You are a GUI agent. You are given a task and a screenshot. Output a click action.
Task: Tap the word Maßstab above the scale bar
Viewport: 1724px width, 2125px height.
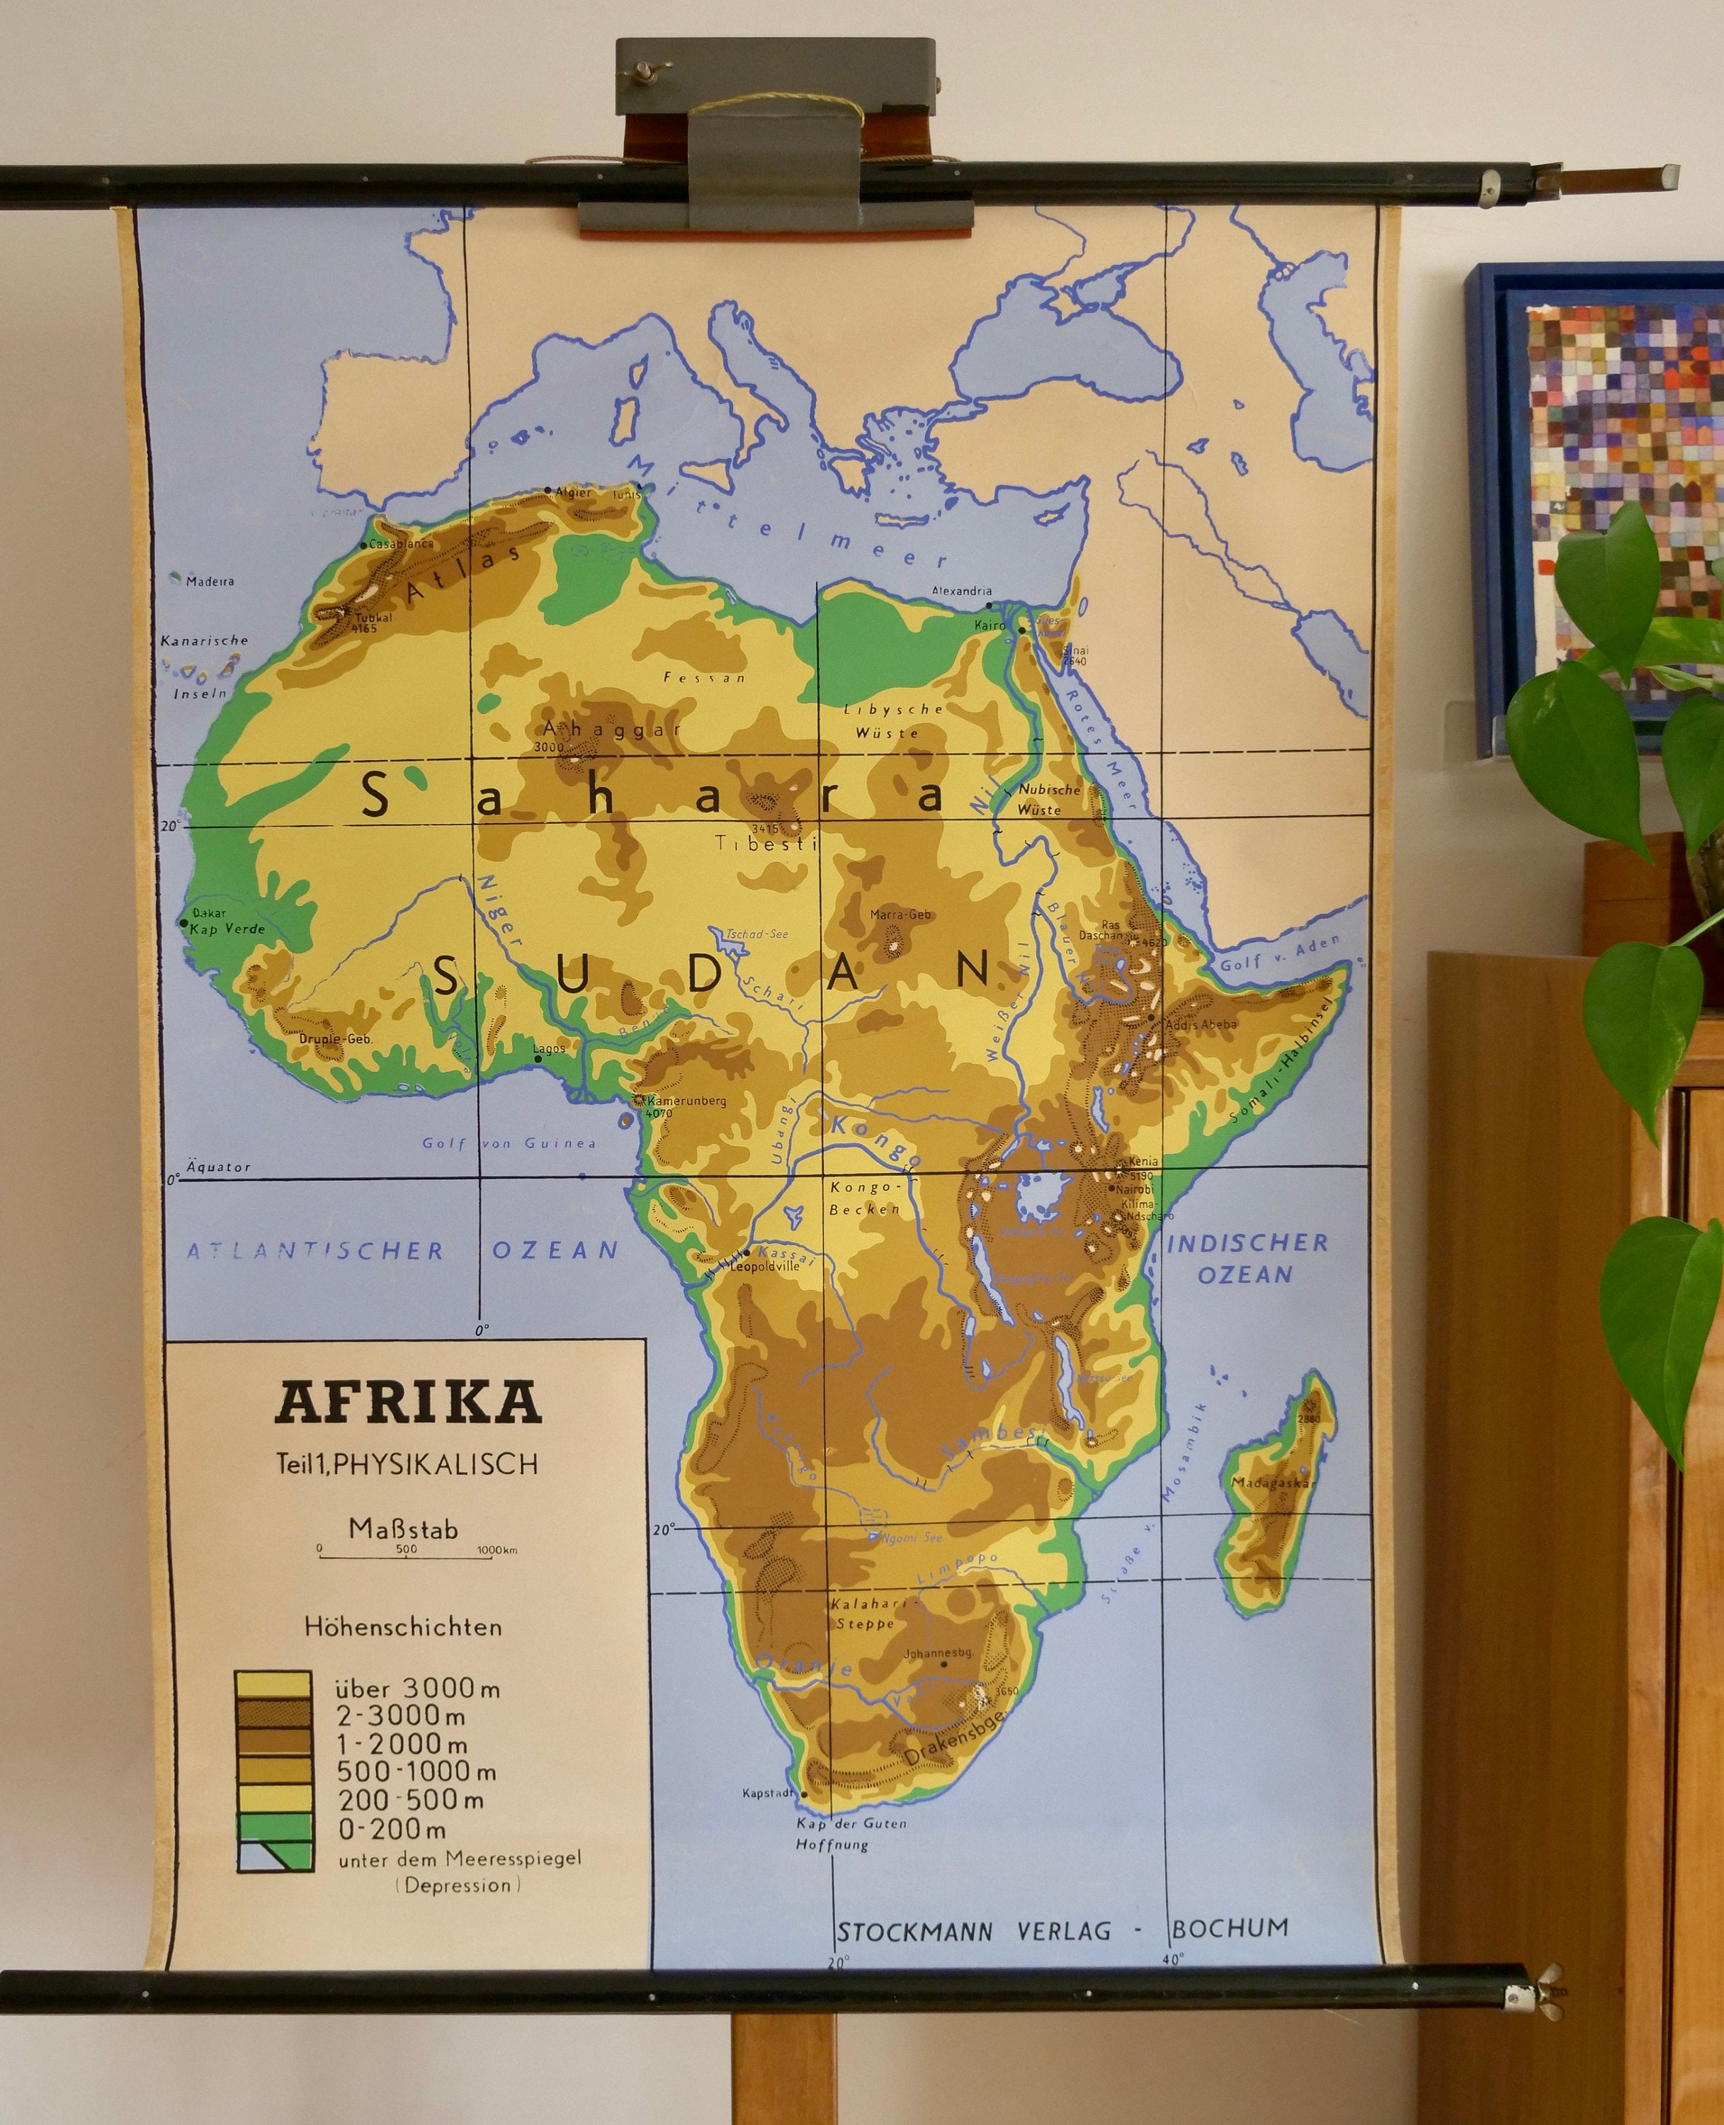[x=403, y=1529]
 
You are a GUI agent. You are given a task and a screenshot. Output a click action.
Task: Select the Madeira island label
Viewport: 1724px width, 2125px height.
[x=210, y=581]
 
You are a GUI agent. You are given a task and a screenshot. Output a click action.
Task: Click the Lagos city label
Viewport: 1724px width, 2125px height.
[x=548, y=1048]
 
